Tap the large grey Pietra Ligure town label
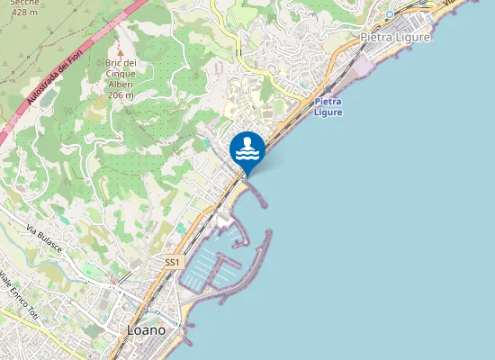point(395,38)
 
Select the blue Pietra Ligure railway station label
point(329,107)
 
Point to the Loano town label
point(146,330)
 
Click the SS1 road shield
point(174,262)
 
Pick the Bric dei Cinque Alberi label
point(121,74)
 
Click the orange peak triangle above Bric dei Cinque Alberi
point(120,52)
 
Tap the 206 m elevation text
point(121,94)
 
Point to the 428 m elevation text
point(23,13)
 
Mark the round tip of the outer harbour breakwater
point(268,234)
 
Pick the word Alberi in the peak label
point(121,84)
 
